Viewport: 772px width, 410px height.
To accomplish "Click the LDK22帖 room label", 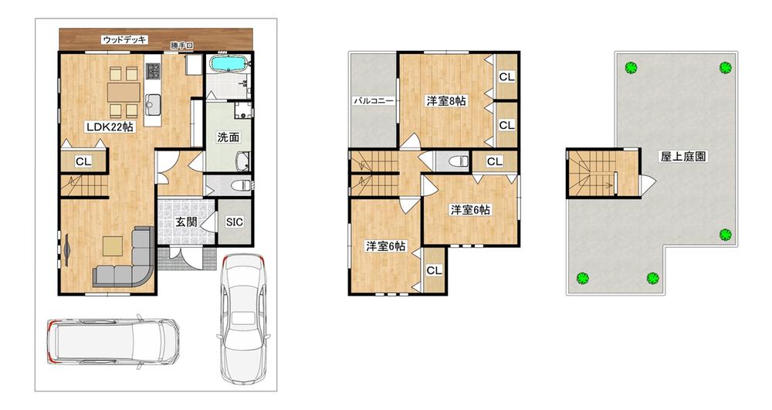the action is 110,127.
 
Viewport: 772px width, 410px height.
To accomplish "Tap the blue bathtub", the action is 228,64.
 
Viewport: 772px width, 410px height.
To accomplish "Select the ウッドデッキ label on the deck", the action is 124,40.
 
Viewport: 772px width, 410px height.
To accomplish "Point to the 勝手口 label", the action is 181,46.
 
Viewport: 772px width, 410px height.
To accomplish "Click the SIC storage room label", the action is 235,222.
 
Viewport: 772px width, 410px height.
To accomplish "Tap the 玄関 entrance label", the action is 186,222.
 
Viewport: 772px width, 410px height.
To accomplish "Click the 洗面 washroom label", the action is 228,137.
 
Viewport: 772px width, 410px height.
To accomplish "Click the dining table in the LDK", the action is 124,92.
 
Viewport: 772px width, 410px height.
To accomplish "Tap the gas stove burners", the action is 153,71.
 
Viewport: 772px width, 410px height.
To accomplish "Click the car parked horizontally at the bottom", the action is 113,341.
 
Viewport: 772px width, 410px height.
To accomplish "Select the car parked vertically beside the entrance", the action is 244,318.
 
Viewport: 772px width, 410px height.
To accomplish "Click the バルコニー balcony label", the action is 374,101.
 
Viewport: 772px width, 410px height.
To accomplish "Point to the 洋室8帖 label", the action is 446,101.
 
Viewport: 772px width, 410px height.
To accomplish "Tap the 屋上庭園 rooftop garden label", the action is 683,157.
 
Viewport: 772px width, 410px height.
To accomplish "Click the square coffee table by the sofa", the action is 113,246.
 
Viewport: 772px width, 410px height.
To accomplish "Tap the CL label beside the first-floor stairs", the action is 83,161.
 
